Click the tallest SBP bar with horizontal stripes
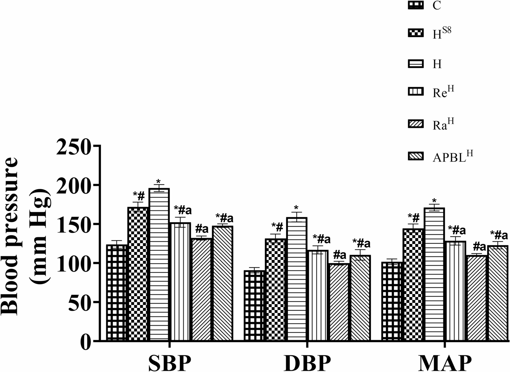coord(159,264)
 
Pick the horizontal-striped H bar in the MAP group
coord(435,274)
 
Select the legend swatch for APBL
coord(416,156)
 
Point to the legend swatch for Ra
coord(416,124)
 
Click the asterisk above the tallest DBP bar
coord(296,207)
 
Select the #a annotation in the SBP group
coord(202,229)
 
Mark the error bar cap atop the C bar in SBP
coord(116,240)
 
